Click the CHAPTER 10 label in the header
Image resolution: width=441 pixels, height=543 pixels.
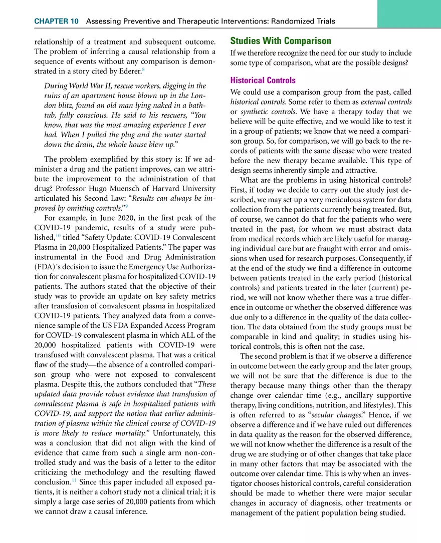click(56, 21)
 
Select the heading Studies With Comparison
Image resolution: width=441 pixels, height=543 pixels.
click(280, 41)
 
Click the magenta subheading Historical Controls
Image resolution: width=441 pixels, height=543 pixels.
click(263, 80)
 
